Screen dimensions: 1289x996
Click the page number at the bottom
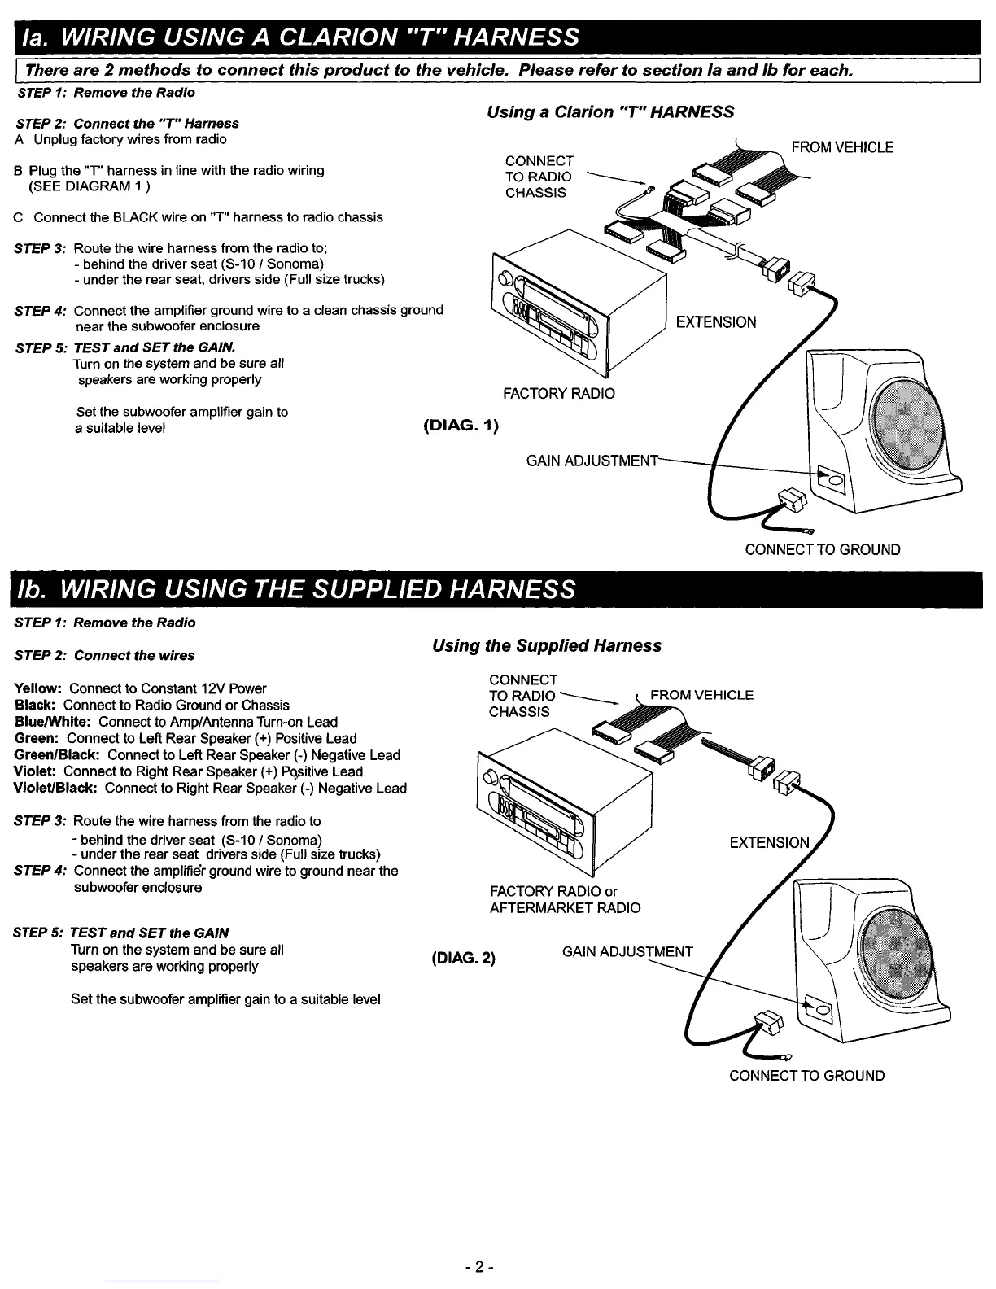click(x=480, y=1267)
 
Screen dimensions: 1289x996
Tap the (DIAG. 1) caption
click(x=461, y=426)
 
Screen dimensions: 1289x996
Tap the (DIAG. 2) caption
click(x=462, y=957)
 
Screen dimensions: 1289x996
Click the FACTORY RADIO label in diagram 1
click(x=558, y=394)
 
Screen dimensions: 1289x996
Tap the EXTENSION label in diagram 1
click(x=716, y=322)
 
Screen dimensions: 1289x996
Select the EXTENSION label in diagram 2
click(x=769, y=843)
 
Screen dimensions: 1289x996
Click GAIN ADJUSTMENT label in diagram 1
click(x=592, y=461)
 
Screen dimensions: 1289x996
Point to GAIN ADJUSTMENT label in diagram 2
click(x=627, y=952)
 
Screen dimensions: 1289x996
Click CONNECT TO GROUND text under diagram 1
click(x=823, y=549)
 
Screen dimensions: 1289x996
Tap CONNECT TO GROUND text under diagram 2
click(x=806, y=1075)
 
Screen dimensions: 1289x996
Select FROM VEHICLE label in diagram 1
click(x=842, y=147)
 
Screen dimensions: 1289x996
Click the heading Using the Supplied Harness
click(x=547, y=645)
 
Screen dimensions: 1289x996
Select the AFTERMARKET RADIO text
click(x=565, y=907)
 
